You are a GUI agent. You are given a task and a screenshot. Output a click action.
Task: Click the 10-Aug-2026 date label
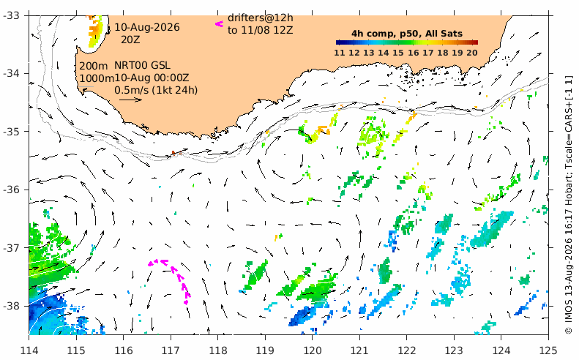(147, 27)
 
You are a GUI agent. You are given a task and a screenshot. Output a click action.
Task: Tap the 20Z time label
(130, 40)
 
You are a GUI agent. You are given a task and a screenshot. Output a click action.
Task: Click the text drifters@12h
(261, 18)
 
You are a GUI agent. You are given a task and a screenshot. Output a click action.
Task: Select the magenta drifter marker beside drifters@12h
(219, 24)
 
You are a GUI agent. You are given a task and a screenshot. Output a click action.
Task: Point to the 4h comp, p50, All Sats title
(407, 34)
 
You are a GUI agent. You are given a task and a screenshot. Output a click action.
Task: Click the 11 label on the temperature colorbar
(340, 53)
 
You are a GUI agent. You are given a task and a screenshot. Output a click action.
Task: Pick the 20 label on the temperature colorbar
(472, 53)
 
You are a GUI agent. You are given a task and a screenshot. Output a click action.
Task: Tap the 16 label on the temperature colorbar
(413, 53)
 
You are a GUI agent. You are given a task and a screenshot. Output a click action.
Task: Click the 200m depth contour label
(94, 66)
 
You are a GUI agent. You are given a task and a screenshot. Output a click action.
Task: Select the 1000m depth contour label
(97, 78)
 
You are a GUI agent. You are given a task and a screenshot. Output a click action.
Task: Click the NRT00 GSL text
(142, 65)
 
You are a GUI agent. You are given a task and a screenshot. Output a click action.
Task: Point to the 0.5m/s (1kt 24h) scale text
(156, 90)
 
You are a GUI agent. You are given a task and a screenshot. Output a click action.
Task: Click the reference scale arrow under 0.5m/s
(131, 100)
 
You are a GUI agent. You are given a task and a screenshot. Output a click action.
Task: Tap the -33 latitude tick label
(11, 15)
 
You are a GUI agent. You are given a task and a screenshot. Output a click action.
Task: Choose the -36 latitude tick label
(11, 190)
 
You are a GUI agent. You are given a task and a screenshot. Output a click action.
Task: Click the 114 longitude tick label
(29, 350)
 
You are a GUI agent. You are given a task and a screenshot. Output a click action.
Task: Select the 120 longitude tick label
(312, 350)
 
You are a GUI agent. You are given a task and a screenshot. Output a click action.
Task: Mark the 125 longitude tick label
(548, 350)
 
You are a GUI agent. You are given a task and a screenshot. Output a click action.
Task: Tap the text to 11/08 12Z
(261, 30)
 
